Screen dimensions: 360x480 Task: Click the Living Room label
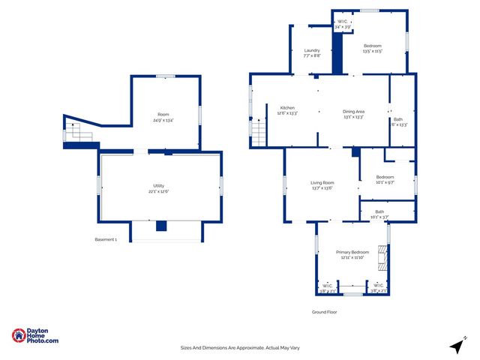pyautogui.click(x=322, y=185)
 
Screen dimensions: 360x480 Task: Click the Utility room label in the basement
pyautogui.click(x=159, y=188)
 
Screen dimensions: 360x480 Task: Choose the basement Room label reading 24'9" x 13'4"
pyautogui.click(x=163, y=117)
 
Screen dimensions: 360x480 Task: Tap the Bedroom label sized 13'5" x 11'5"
pyautogui.click(x=373, y=49)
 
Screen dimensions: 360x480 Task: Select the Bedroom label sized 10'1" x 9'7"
pyautogui.click(x=386, y=179)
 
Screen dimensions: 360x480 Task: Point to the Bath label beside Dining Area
pyautogui.click(x=398, y=122)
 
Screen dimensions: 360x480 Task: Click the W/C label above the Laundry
pyautogui.click(x=342, y=24)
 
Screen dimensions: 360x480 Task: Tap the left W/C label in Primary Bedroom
pyautogui.click(x=328, y=288)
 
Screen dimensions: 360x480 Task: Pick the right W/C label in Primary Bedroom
pyautogui.click(x=376, y=288)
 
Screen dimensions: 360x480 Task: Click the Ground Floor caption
pyautogui.click(x=325, y=311)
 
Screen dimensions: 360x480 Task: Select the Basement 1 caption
pyautogui.click(x=106, y=239)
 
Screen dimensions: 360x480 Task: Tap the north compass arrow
pyautogui.click(x=456, y=345)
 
